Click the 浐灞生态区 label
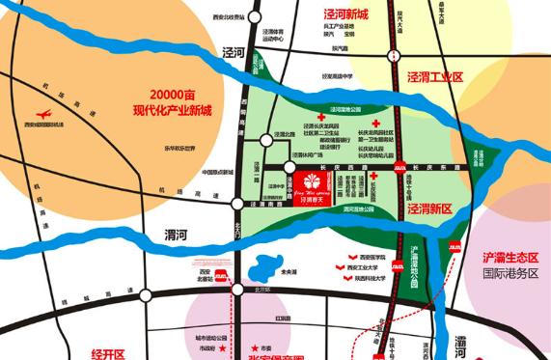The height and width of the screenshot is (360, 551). tap(511, 258)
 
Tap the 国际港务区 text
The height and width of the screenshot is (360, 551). tap(511, 273)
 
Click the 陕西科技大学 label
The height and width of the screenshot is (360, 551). tap(371, 281)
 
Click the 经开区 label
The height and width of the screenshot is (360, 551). tap(108, 352)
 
